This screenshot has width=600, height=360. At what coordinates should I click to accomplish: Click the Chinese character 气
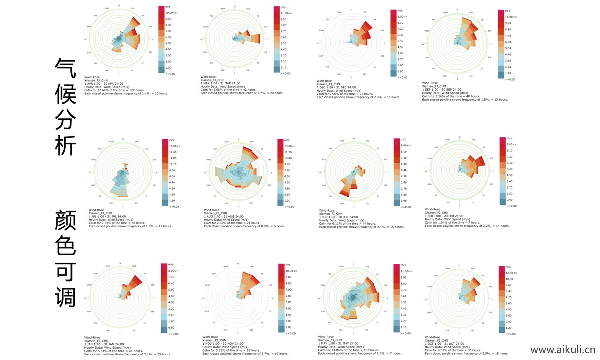click(x=65, y=68)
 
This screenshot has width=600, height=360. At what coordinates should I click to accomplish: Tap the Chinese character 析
click(x=65, y=145)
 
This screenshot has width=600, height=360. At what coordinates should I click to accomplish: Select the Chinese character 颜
click(x=65, y=220)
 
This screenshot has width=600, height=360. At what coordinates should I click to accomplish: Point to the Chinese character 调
click(x=65, y=297)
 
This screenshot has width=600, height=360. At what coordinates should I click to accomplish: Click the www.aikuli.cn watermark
click(x=562, y=350)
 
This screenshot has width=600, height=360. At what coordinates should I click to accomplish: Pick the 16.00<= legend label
click(x=175, y=146)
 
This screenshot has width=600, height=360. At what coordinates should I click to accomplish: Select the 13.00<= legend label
click(x=290, y=146)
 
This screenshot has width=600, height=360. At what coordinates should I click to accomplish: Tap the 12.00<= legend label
click(x=511, y=273)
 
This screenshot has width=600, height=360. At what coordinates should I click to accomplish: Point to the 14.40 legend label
click(x=173, y=152)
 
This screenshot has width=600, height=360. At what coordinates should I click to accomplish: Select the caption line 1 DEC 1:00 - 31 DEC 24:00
click(x=336, y=87)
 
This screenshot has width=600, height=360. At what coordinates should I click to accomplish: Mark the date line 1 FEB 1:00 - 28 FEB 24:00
click(x=444, y=216)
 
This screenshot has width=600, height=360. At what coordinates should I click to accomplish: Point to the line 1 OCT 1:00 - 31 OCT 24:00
click(x=444, y=344)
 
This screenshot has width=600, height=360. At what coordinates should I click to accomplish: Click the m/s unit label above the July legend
click(x=172, y=140)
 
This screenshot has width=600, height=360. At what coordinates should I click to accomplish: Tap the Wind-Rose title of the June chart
click(x=326, y=210)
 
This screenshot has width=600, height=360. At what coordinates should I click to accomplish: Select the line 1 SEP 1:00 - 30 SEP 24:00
click(x=442, y=90)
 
